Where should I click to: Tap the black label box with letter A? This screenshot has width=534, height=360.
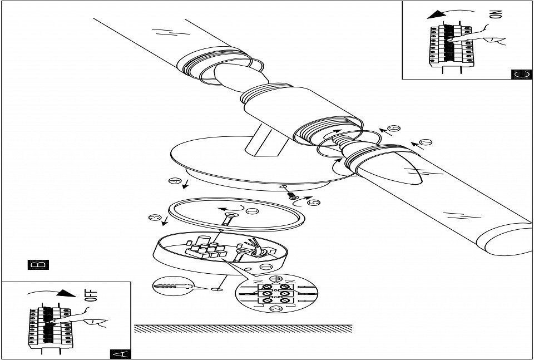[x=121, y=353]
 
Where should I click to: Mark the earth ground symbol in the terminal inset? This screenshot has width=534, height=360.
[x=273, y=278]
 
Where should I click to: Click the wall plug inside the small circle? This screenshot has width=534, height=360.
[x=173, y=288]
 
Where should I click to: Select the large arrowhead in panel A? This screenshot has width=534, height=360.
[x=66, y=293]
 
